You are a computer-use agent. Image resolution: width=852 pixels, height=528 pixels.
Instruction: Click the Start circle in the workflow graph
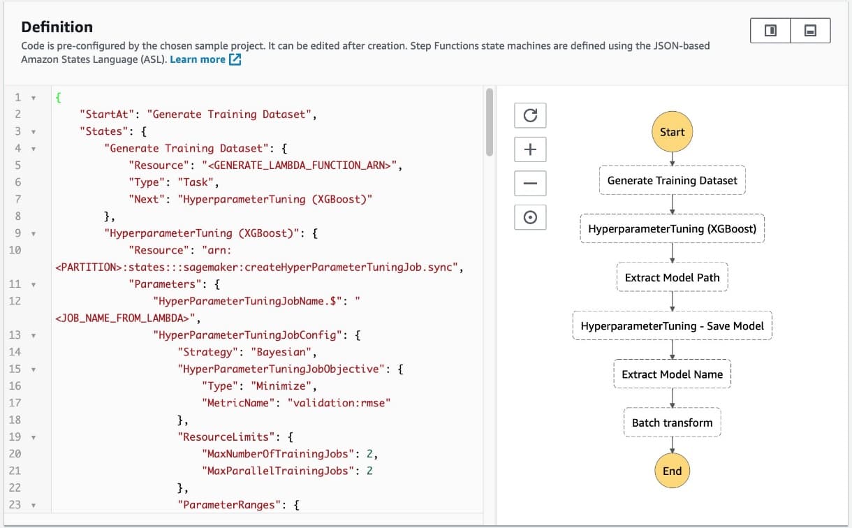pos(672,131)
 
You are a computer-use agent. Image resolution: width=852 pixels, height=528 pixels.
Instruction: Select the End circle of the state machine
pos(672,471)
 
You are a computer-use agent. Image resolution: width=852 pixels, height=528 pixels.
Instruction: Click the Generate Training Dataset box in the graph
pos(672,180)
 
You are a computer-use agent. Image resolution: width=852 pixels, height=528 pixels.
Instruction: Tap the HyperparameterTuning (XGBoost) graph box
pos(672,228)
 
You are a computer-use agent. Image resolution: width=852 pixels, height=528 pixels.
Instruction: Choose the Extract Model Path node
pos(672,277)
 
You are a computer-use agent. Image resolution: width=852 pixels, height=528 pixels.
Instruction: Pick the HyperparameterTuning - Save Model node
pos(672,325)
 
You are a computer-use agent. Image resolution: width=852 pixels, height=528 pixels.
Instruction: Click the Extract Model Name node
pos(672,374)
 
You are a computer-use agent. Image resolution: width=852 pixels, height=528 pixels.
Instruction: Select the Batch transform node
pos(672,423)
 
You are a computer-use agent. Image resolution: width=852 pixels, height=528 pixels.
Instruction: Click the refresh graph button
pos(530,115)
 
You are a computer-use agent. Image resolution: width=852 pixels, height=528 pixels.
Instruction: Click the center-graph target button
pos(530,217)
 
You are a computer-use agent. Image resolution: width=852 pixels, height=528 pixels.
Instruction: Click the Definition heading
pos(57,27)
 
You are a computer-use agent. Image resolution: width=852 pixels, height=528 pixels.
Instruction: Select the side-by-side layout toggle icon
pos(770,31)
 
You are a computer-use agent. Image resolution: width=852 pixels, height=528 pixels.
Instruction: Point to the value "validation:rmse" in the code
pos(339,403)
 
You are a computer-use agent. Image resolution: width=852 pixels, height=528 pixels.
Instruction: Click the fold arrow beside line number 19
pos(34,437)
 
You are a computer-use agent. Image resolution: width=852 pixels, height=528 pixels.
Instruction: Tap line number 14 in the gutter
pos(15,352)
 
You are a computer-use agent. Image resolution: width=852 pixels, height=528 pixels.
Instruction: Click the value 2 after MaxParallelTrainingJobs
pos(369,471)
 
